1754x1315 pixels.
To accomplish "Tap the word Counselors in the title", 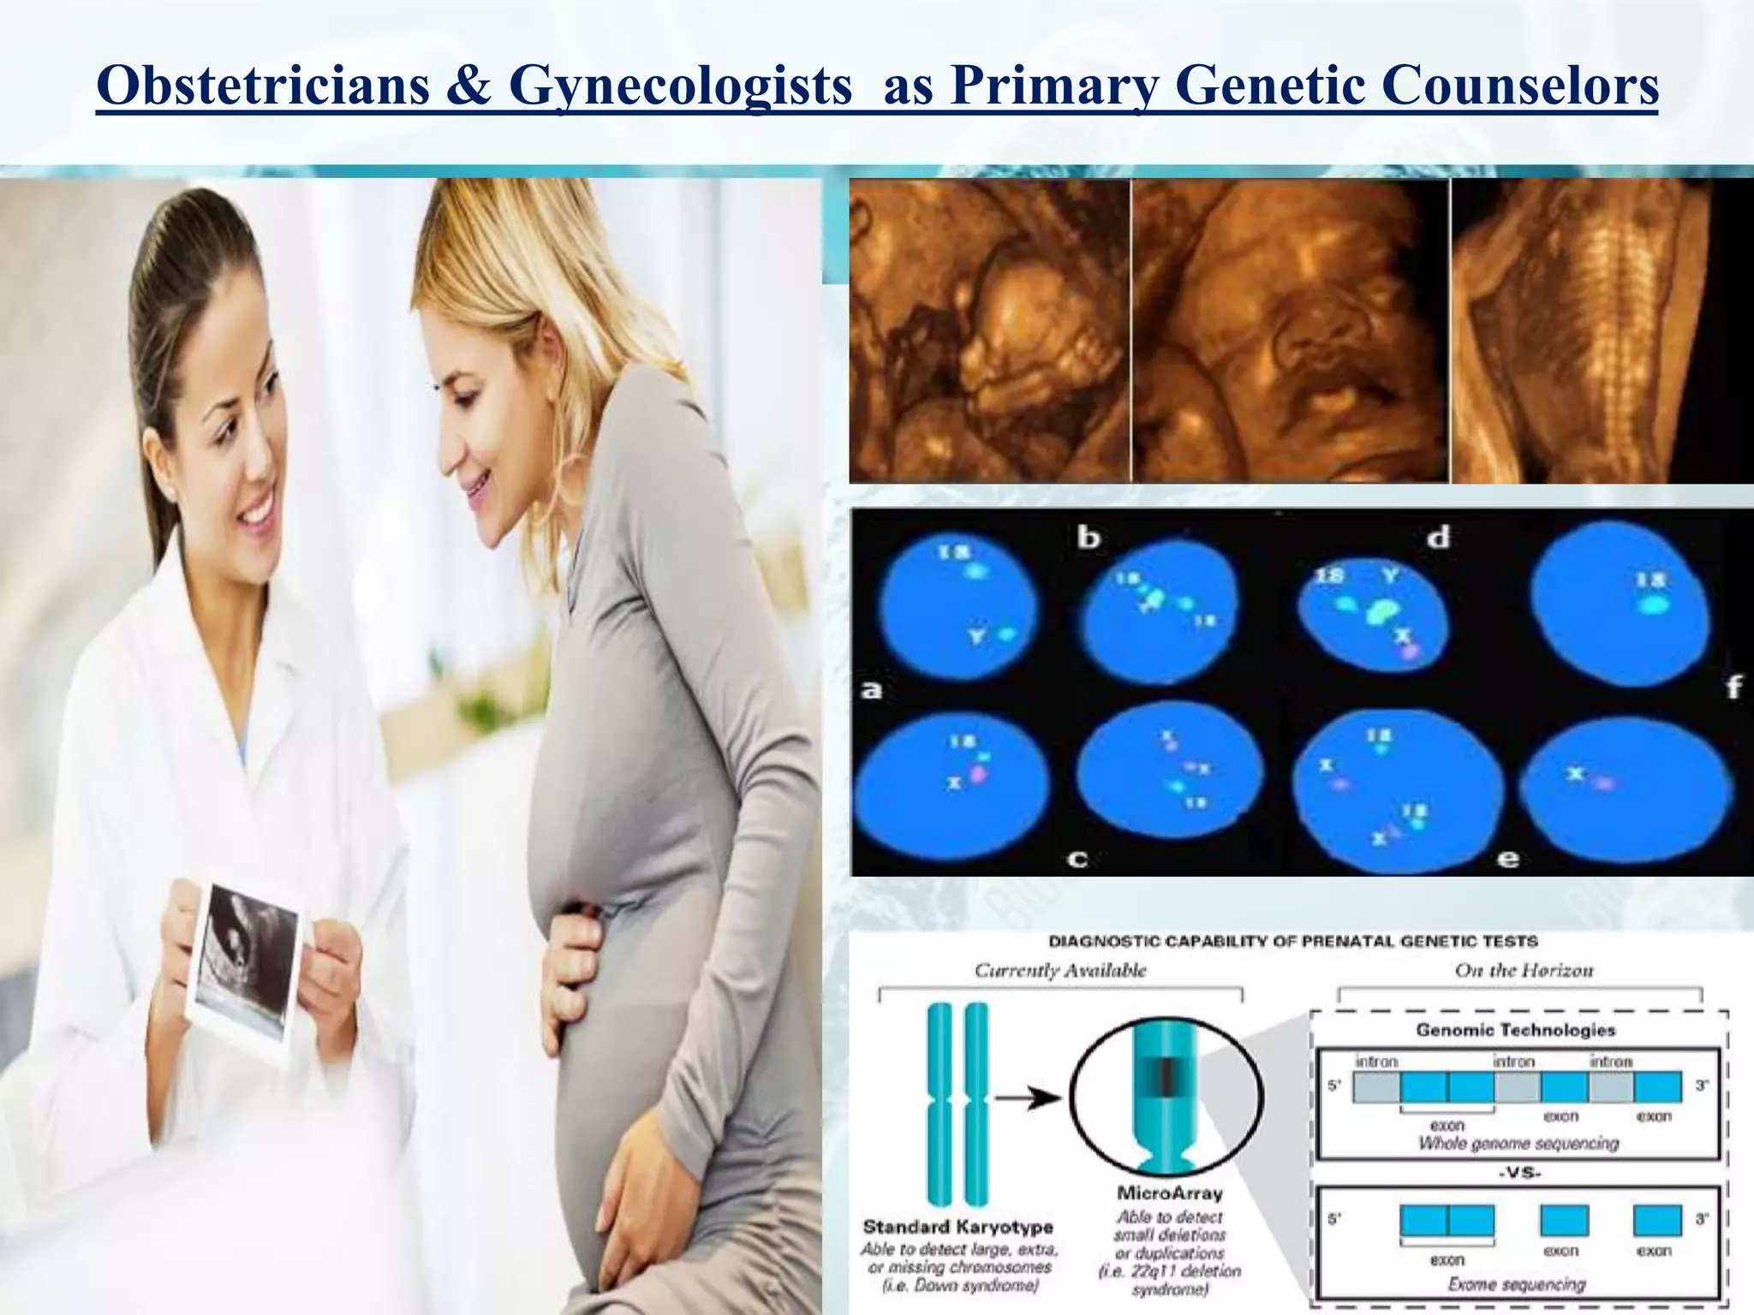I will click(1519, 86).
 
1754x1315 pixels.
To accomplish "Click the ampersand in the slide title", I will click(468, 86).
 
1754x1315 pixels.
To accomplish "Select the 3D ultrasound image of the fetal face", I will click(1290, 330).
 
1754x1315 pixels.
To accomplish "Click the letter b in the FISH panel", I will click(1088, 538).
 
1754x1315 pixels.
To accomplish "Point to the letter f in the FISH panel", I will click(1733, 687).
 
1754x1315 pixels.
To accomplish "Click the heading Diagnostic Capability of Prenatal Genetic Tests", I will click(1293, 942).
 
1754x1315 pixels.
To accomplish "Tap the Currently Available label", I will click(1060, 970).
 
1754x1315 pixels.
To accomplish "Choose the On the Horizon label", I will click(1524, 970).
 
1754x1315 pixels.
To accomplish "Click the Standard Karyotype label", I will click(958, 1227).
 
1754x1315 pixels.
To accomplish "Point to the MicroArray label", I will click(1170, 1193).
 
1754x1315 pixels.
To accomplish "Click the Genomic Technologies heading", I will click(1515, 1030).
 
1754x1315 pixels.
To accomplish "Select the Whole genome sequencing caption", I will click(1518, 1144).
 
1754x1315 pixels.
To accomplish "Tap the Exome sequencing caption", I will click(1517, 1284).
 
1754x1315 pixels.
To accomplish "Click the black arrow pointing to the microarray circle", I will click(1028, 1098).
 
